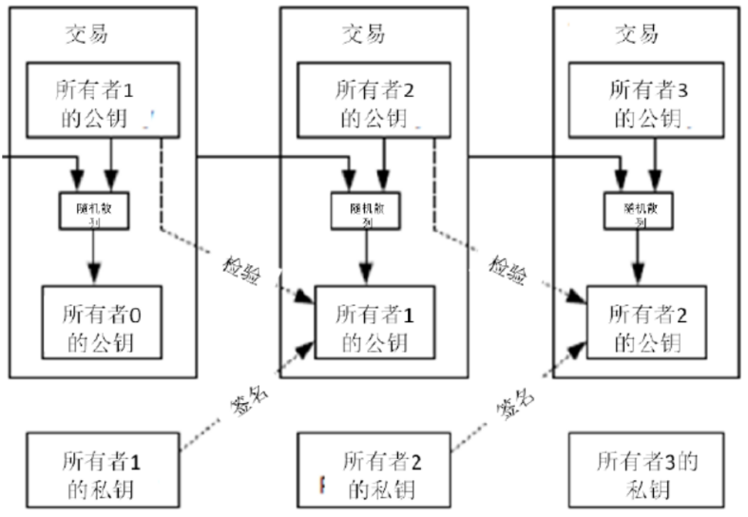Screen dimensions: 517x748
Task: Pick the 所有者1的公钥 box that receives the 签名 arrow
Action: click(x=373, y=326)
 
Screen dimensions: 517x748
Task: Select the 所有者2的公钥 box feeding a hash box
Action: click(x=373, y=104)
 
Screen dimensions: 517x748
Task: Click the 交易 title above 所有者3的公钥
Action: click(x=637, y=34)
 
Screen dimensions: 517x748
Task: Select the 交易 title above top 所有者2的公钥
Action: click(x=363, y=34)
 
